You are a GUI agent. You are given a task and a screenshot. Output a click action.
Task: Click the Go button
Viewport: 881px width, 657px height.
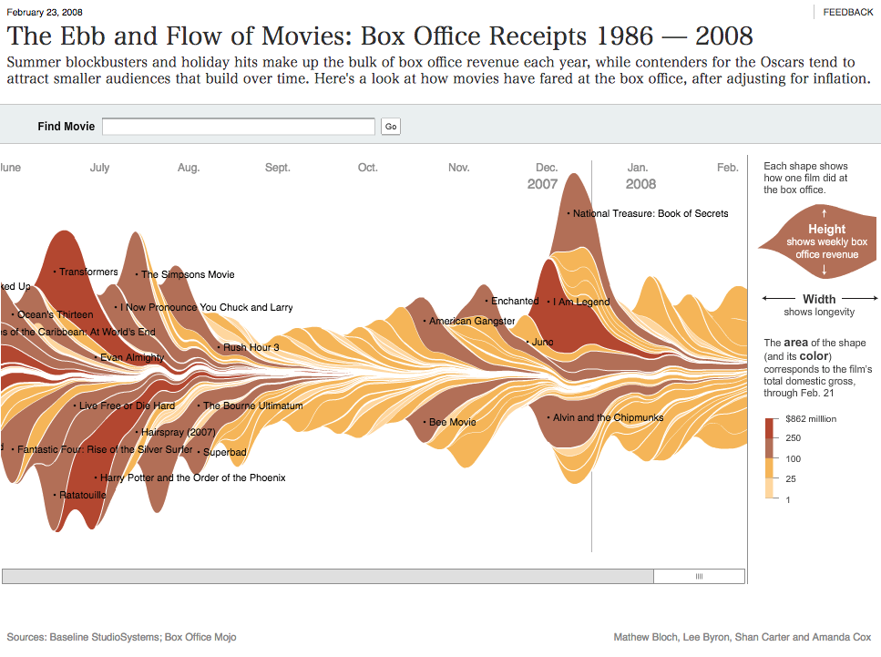click(391, 127)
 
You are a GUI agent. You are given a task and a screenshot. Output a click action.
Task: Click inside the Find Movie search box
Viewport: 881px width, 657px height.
click(238, 127)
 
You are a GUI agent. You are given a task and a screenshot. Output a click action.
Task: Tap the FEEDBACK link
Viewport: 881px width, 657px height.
click(847, 12)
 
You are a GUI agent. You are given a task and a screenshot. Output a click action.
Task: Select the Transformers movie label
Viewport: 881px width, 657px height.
click(88, 272)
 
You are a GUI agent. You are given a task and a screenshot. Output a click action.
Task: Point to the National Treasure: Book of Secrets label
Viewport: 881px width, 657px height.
click(651, 213)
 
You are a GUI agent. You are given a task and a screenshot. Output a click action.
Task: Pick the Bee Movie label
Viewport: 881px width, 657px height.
click(452, 422)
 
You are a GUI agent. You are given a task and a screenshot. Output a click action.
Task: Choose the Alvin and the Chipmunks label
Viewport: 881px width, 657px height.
click(608, 417)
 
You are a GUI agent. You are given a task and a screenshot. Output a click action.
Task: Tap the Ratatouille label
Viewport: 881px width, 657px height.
click(82, 495)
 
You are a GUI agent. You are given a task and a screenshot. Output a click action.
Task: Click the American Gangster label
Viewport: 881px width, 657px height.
click(472, 321)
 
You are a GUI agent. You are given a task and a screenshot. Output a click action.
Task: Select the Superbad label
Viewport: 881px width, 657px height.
click(224, 452)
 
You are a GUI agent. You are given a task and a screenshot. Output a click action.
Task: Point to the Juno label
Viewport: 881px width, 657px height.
click(542, 342)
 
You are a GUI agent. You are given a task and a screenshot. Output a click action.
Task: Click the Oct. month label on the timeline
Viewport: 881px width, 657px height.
click(367, 168)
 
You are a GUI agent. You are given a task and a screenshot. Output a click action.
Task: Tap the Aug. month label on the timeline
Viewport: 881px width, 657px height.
click(189, 168)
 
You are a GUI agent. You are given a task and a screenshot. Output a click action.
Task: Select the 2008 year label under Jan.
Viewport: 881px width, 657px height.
click(640, 184)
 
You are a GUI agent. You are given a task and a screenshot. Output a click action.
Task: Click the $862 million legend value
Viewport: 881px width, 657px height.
click(812, 419)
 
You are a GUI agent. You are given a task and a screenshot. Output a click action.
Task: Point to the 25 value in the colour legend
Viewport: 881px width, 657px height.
click(792, 479)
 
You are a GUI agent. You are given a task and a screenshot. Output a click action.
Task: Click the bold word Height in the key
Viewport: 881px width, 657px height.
click(826, 229)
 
